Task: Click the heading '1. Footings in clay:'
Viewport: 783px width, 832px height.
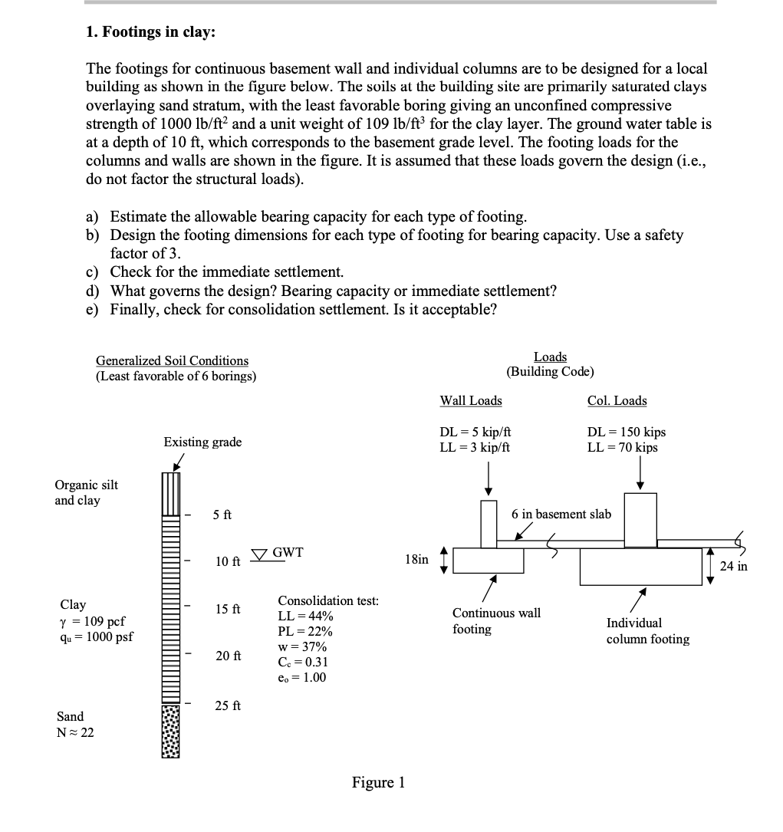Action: click(150, 32)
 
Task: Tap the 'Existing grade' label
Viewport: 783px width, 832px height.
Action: click(202, 442)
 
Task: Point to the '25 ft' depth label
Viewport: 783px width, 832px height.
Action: click(228, 705)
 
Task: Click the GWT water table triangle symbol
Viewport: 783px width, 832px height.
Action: click(260, 554)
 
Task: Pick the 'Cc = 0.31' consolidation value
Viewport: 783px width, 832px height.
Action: click(304, 662)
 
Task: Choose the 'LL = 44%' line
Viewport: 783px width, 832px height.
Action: click(305, 617)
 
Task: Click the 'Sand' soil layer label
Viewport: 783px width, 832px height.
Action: click(71, 716)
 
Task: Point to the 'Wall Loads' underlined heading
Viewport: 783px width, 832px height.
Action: click(470, 400)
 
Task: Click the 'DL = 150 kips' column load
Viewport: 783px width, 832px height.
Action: click(626, 432)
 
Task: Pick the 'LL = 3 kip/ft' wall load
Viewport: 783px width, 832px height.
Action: click(475, 447)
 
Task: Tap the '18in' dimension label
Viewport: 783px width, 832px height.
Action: click(416, 560)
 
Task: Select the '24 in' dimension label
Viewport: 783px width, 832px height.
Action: click(734, 567)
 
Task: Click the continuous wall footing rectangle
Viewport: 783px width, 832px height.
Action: click(489, 561)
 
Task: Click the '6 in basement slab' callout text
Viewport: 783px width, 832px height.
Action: click(561, 514)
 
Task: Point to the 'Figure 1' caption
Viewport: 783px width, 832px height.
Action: click(378, 782)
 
